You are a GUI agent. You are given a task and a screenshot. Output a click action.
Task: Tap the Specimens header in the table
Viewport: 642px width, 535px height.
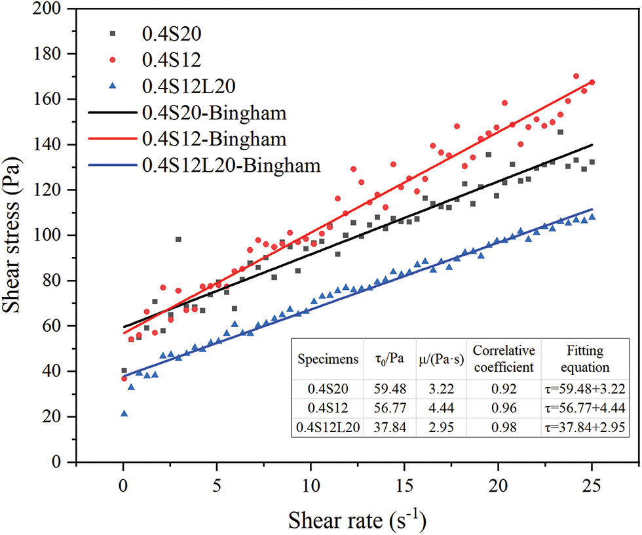coord(328,360)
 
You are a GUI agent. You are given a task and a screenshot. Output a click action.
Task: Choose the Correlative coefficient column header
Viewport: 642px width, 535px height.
coord(504,359)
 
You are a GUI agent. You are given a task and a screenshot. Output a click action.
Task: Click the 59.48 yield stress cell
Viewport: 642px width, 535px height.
coord(391,390)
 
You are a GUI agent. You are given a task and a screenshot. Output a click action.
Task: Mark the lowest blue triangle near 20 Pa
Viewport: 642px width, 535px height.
coord(124,414)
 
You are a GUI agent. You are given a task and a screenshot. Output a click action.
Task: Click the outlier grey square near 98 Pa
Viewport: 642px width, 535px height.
coord(178,239)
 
